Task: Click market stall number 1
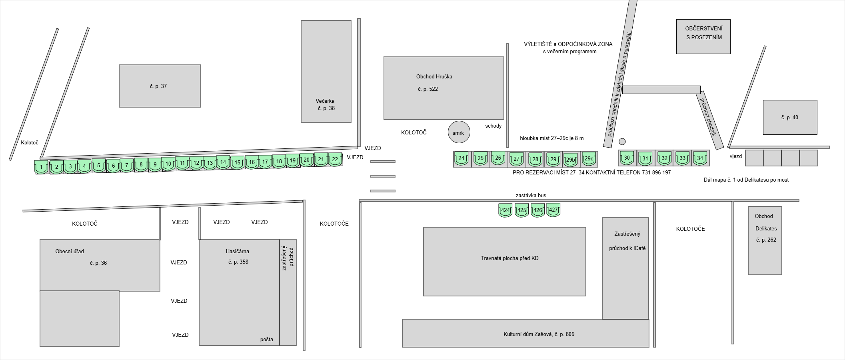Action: tap(41, 166)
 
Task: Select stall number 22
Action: tap(335, 159)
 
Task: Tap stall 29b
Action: tap(571, 159)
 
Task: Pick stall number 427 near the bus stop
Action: tap(553, 210)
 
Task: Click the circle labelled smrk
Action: tap(458, 132)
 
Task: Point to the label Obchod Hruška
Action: tap(434, 76)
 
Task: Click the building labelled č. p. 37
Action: tap(159, 86)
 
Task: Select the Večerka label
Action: tap(325, 101)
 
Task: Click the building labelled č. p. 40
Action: tap(789, 117)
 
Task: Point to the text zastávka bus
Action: tap(531, 195)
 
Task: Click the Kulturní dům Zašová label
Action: tap(538, 334)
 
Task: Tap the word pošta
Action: tap(266, 339)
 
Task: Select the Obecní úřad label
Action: tap(70, 251)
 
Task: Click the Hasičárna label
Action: tap(237, 251)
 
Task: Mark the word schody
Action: tap(493, 126)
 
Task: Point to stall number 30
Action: tap(627, 158)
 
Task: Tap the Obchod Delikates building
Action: tap(765, 240)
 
